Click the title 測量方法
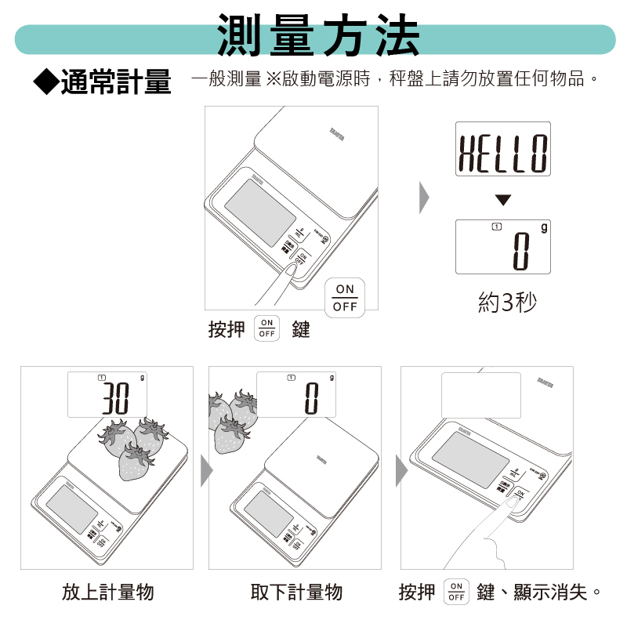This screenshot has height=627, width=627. pos(318,36)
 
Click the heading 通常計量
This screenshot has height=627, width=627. pos(115,81)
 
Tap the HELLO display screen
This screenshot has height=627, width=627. pos(503,149)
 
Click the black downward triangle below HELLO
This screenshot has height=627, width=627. pos(503,201)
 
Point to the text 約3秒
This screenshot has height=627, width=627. pos(507,302)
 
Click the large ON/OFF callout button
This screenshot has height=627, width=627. pos(344,298)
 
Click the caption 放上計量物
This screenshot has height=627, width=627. pos(107,592)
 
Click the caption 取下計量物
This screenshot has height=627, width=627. pos(296,592)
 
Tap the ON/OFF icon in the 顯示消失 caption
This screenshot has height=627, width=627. pos(455,592)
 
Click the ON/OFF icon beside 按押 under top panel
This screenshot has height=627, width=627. pos(267,329)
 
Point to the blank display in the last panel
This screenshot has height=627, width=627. pos(481,395)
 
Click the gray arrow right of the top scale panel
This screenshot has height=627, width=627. pos(424,198)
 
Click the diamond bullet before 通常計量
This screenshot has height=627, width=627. pos(45,80)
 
